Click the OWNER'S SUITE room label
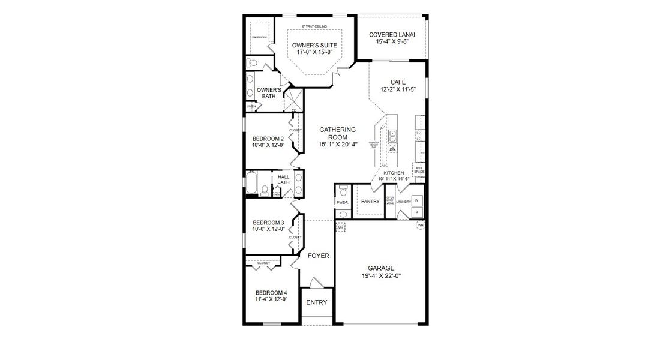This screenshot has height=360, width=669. [314, 46]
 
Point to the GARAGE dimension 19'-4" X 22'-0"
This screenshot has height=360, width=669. [381, 276]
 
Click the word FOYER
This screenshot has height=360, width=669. [319, 256]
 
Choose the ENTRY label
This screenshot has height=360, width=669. [317, 302]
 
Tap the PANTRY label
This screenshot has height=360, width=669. [370, 201]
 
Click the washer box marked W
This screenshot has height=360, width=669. [417, 201]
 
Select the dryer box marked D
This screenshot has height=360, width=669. [417, 212]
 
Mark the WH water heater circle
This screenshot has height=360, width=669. [420, 225]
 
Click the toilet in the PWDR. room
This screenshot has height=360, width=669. [343, 190]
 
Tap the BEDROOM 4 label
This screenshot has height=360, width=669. [268, 292]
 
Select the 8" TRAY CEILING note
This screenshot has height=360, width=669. [314, 26]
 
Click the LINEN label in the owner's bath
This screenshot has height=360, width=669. [251, 107]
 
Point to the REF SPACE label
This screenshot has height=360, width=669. [419, 170]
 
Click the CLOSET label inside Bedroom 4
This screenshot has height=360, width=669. [264, 263]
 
